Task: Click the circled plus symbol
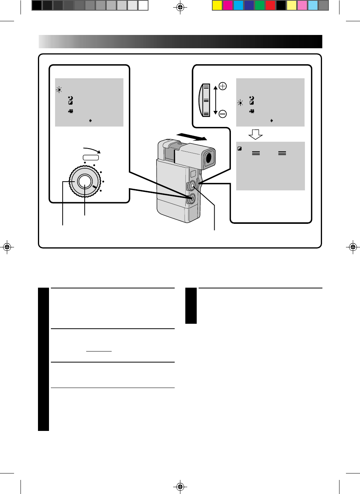[x=223, y=86]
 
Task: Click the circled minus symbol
[x=223, y=114]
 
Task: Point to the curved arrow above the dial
[x=91, y=149]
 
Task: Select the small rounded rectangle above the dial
[x=91, y=157]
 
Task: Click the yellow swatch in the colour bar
[x=217, y=5]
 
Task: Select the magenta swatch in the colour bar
[x=227, y=5]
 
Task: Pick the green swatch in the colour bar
[x=259, y=5]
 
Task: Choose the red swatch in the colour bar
[x=270, y=5]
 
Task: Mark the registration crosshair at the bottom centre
[x=180, y=486]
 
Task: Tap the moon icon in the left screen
[x=70, y=98]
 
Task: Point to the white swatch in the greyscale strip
[x=143, y=5]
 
